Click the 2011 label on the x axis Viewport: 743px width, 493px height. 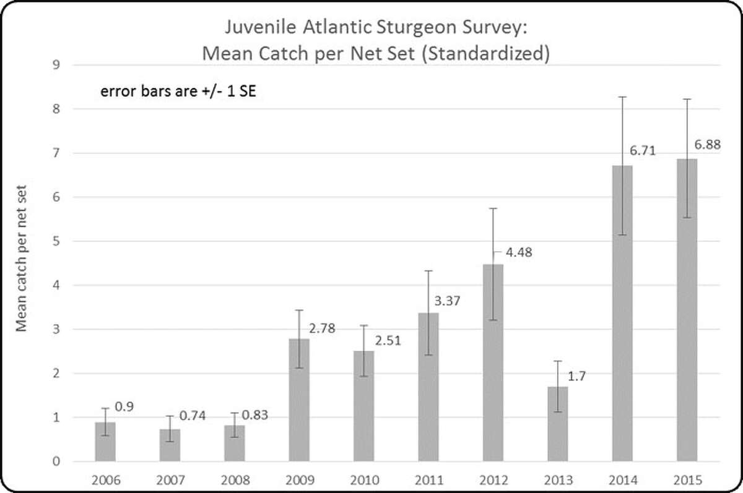point(428,479)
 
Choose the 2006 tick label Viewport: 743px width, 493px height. point(105,479)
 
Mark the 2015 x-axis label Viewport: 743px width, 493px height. point(686,479)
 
